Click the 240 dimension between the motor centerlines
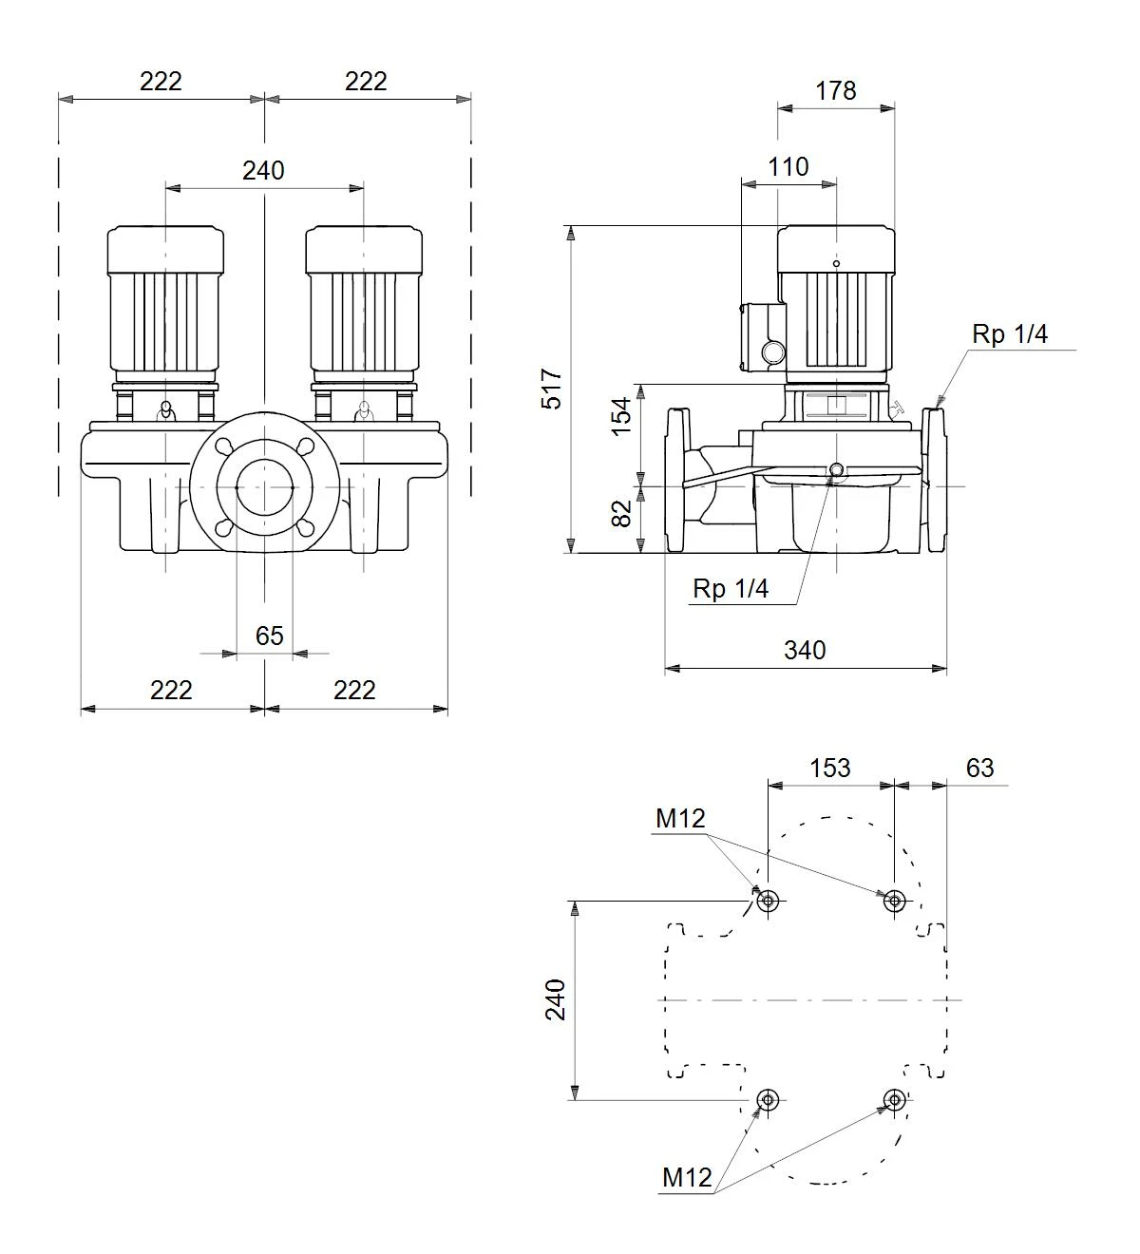(x=263, y=170)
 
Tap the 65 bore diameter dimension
(x=270, y=636)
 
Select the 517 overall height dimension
(x=552, y=389)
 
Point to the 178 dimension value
(x=835, y=91)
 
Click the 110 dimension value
(x=788, y=167)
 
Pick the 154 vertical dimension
(x=621, y=416)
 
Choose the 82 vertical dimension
(x=621, y=514)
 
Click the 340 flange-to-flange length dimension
(x=805, y=651)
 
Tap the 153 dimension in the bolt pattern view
(x=830, y=769)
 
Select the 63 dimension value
(x=979, y=769)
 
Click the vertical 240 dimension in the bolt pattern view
(x=556, y=1000)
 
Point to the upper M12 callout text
(x=680, y=818)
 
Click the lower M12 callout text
(x=687, y=1178)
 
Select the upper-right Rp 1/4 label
(x=1009, y=334)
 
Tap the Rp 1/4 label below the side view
(x=731, y=589)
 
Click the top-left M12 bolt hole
(x=768, y=901)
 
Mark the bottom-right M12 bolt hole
(x=895, y=1099)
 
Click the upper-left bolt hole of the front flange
(x=224, y=446)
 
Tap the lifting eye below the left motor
(x=165, y=410)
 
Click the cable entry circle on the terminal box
(x=773, y=352)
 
